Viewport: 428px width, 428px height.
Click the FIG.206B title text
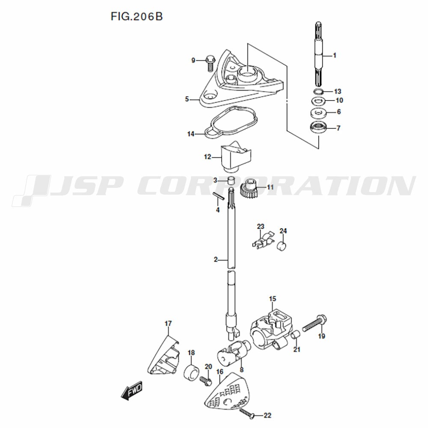click(136, 17)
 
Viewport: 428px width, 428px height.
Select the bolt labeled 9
click(210, 63)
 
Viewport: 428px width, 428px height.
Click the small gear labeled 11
click(248, 188)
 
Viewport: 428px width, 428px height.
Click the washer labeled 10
click(318, 101)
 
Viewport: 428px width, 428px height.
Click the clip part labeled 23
click(262, 241)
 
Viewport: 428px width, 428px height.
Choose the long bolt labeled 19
click(315, 324)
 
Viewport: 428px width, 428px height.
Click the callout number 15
click(273, 298)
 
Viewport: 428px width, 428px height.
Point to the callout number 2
click(216, 259)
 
